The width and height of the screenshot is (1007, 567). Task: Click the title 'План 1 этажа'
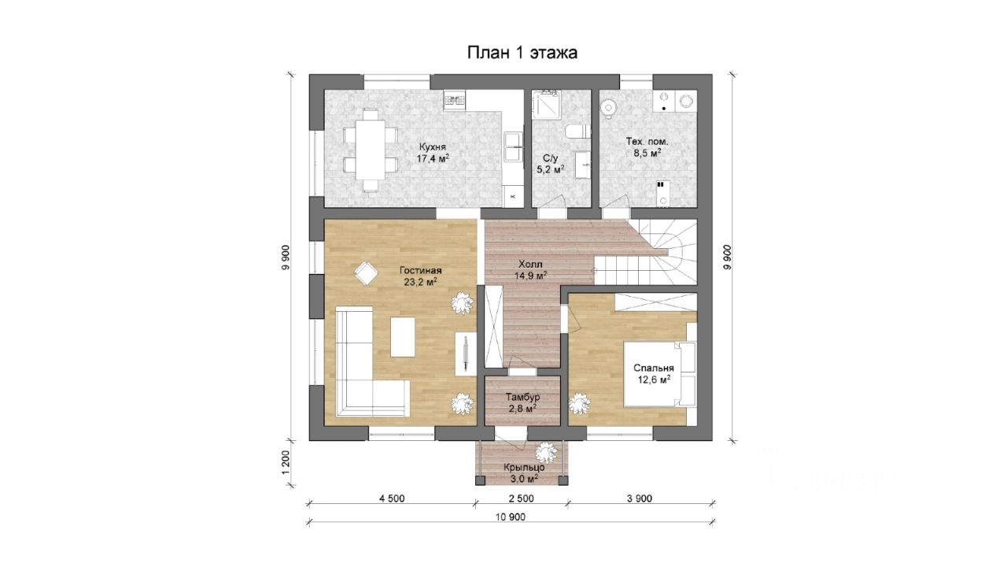(522, 53)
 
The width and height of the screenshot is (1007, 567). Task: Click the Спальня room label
(654, 368)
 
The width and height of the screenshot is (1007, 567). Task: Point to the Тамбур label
(522, 398)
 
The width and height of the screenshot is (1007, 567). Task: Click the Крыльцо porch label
(524, 468)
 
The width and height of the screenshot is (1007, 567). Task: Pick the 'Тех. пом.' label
(647, 141)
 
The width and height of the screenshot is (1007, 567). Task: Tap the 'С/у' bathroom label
(550, 158)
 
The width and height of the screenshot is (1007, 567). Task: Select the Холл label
(530, 264)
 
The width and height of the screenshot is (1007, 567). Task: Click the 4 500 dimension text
(392, 498)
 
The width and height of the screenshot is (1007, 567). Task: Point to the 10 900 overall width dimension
(511, 517)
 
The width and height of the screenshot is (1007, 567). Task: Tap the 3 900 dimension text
(639, 498)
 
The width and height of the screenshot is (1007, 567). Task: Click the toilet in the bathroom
(577, 132)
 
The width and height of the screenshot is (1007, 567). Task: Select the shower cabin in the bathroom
(545, 105)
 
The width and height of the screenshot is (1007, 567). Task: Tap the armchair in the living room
(366, 273)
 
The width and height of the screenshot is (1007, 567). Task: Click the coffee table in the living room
(403, 337)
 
